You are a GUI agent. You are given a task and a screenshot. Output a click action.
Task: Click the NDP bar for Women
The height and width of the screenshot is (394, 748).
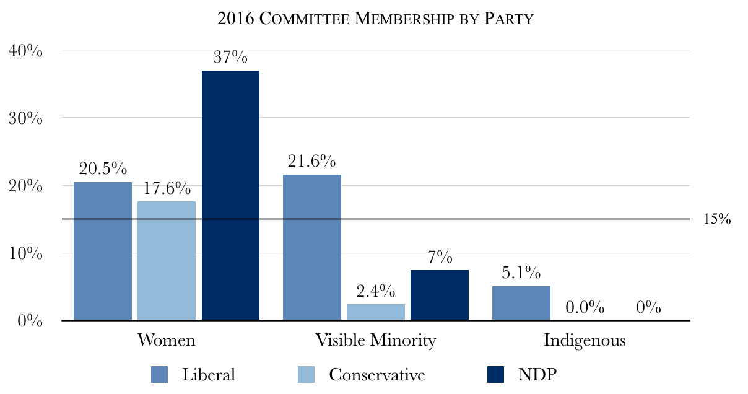pos(230,195)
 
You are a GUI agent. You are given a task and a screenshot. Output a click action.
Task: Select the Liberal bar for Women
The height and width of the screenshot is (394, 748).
pos(103,251)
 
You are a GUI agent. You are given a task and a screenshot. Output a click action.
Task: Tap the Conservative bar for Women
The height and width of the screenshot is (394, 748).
pos(167,261)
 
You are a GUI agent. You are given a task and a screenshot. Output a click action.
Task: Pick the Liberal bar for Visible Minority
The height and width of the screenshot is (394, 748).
pos(312,248)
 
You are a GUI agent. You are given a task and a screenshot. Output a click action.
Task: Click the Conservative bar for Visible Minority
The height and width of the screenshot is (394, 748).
pos(376,312)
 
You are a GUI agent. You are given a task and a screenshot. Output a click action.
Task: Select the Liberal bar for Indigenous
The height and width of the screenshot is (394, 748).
pos(521,304)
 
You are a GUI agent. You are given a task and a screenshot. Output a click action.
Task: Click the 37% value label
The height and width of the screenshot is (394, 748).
pos(230,58)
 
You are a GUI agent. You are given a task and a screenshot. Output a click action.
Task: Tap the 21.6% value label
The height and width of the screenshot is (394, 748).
pos(312,162)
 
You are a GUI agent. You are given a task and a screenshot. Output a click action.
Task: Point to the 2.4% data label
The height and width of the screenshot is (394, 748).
pos(376,291)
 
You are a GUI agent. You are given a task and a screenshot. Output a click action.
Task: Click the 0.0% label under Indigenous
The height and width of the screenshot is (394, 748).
pos(585,307)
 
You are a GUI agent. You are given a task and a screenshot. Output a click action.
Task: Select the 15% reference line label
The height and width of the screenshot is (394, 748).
pos(718,219)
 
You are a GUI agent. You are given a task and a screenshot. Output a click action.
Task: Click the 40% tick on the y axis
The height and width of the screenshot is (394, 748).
pos(26,51)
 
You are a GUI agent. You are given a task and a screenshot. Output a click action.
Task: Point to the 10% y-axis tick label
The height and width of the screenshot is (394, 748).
pos(26,254)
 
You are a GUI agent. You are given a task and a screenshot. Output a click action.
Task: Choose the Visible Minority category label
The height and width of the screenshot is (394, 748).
pos(376,341)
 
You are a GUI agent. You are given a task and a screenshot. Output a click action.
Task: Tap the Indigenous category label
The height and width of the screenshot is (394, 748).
pos(585,341)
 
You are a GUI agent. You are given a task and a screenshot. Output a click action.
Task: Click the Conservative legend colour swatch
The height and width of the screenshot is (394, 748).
pos(307,375)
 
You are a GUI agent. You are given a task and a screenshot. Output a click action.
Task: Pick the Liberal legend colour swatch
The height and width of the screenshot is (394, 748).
pos(160,375)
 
